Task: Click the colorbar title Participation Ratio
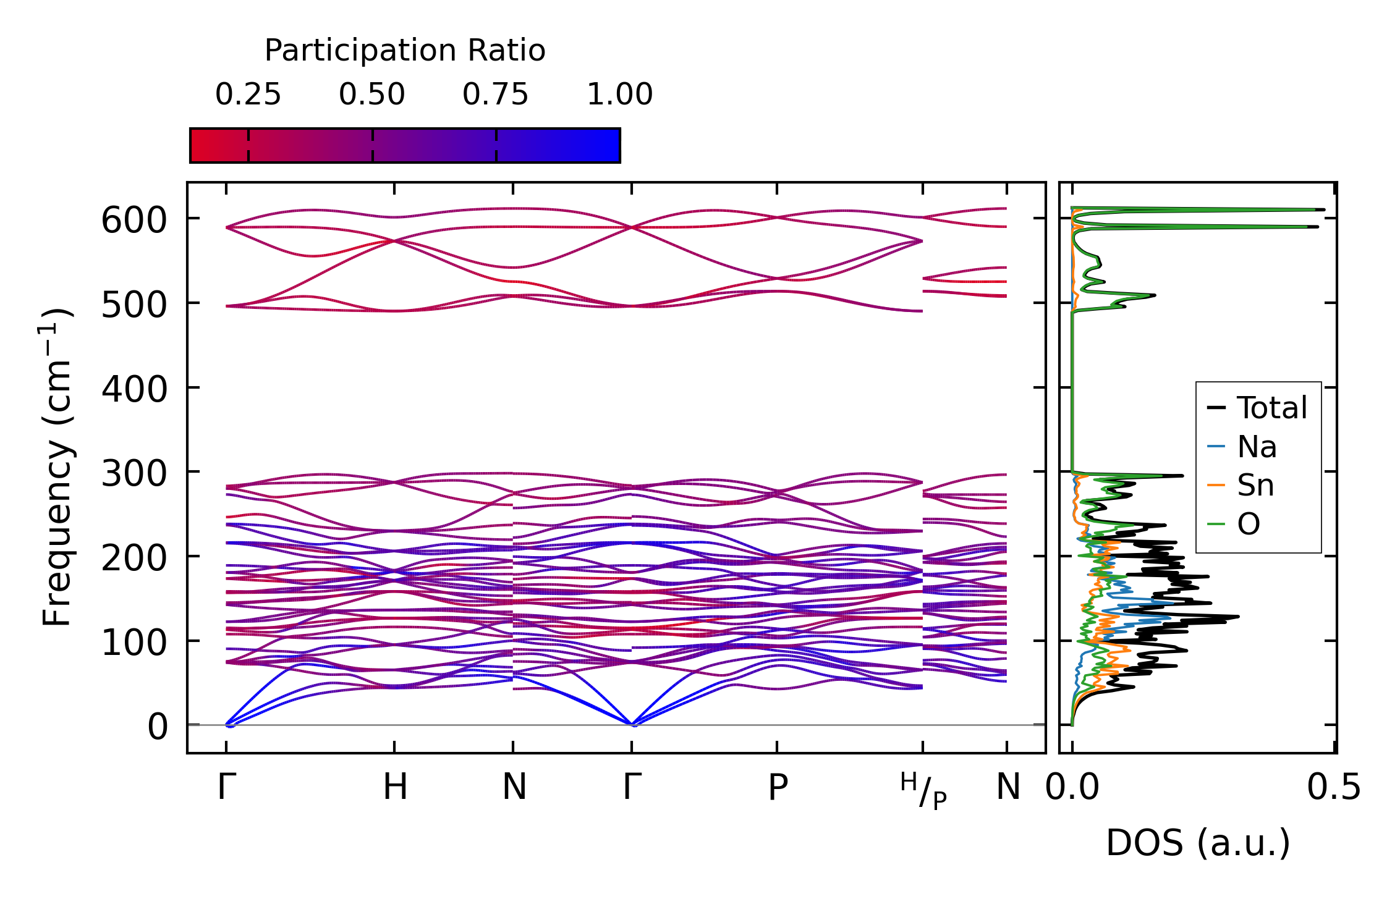click(405, 50)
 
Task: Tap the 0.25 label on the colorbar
click(248, 95)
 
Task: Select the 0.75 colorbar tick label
click(496, 95)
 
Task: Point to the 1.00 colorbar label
click(619, 95)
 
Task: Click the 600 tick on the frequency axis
click(134, 221)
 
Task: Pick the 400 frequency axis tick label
click(134, 390)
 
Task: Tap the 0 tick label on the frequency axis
click(157, 727)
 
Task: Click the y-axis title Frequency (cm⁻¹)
click(57, 468)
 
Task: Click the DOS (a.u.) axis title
click(1198, 843)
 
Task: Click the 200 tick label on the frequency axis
click(134, 559)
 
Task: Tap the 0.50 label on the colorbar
click(372, 95)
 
